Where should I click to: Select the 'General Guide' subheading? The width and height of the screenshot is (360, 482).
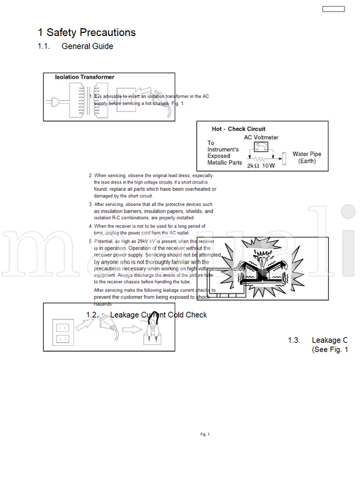coord(87,46)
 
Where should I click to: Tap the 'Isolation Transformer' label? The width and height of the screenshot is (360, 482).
coord(85,77)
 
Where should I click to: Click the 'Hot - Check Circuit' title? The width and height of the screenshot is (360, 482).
coord(238,129)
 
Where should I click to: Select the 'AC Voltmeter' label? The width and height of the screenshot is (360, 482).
coord(261,137)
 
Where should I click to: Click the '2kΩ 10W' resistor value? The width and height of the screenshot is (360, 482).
coord(260,165)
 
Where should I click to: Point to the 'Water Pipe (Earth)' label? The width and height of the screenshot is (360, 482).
coord(307,158)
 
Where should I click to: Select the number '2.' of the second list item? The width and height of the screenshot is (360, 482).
coord(91,176)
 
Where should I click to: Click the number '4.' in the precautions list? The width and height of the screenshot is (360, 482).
coord(91,226)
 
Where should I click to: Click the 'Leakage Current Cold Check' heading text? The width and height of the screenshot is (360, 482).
coord(158,315)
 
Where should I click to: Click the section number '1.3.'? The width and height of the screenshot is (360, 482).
coord(294,340)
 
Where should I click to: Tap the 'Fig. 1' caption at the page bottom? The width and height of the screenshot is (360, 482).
coord(205,434)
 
